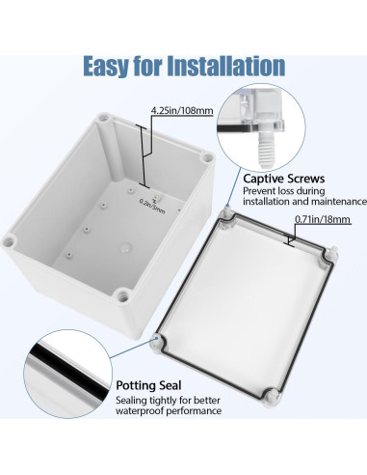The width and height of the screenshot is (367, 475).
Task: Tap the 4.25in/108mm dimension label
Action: pos(180,111)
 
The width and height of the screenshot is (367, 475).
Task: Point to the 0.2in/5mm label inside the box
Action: pos(151,202)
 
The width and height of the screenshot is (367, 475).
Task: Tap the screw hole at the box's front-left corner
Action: pos(12,237)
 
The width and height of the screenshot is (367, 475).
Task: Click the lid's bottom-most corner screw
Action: pos(271,423)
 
